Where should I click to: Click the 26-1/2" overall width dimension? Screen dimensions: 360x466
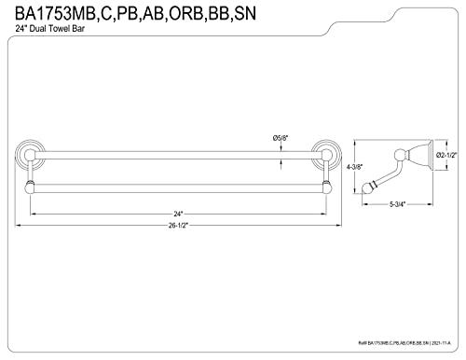pyautogui.click(x=179, y=225)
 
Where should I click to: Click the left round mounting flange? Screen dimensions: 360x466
pyautogui.click(x=29, y=150)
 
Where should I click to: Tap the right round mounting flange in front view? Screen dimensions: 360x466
pyautogui.click(x=327, y=150)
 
